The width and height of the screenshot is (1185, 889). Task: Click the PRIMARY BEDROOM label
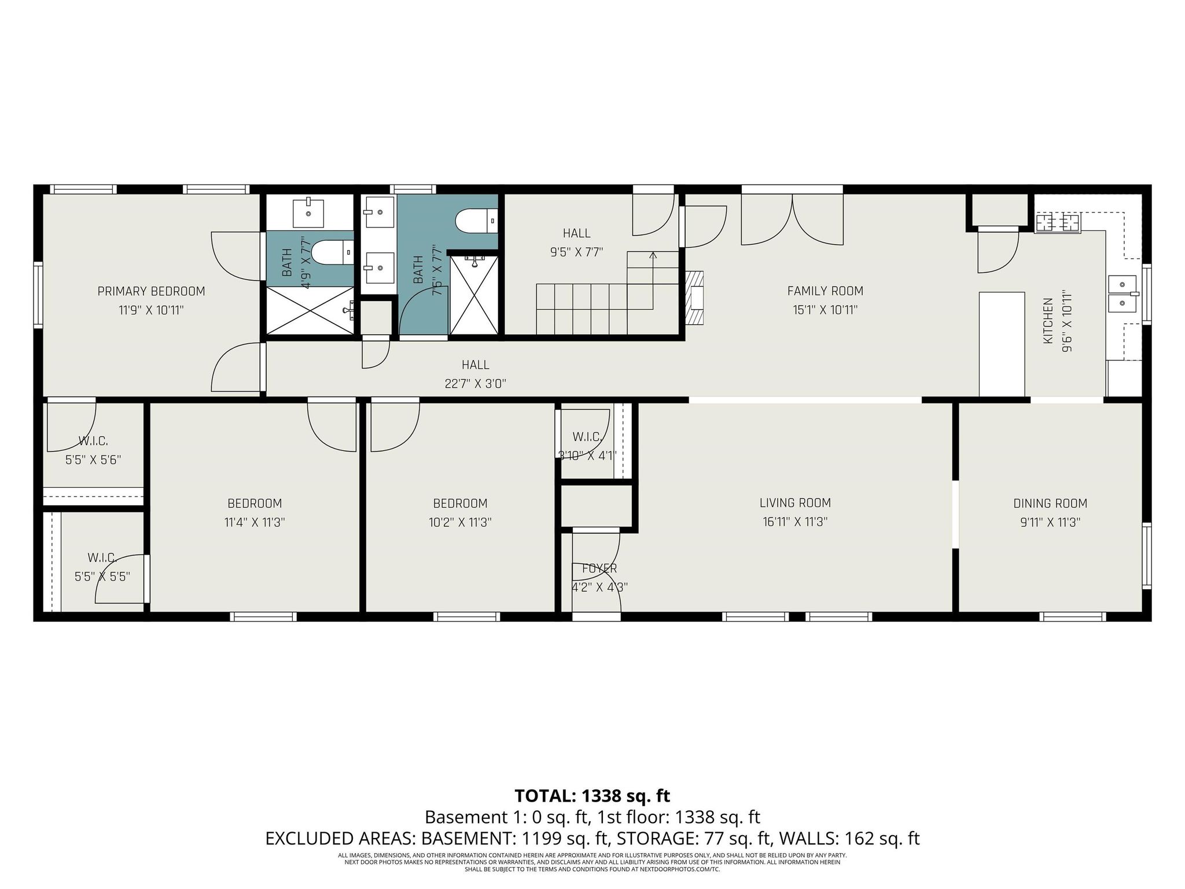tap(151, 291)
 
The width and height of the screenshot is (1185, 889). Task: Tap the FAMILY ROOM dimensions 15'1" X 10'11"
tap(825, 310)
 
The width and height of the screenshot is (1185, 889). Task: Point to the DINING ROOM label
tap(1050, 504)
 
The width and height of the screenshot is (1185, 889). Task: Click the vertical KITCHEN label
tap(1048, 322)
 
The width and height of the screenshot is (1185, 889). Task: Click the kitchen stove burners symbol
tap(1058, 223)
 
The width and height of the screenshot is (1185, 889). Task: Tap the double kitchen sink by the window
tap(1123, 293)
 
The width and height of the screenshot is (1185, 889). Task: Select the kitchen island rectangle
tap(1002, 344)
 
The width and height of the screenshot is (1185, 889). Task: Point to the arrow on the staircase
tap(653, 255)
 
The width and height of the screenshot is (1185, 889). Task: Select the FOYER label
tap(599, 568)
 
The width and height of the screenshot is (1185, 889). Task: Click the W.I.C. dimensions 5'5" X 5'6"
tap(93, 460)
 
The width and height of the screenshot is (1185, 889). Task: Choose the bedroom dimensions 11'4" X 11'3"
tap(255, 522)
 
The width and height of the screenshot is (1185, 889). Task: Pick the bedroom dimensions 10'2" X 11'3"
tap(461, 522)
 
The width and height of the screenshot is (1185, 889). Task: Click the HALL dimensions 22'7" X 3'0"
tap(476, 384)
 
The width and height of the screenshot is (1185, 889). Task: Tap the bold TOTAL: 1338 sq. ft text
tap(592, 796)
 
